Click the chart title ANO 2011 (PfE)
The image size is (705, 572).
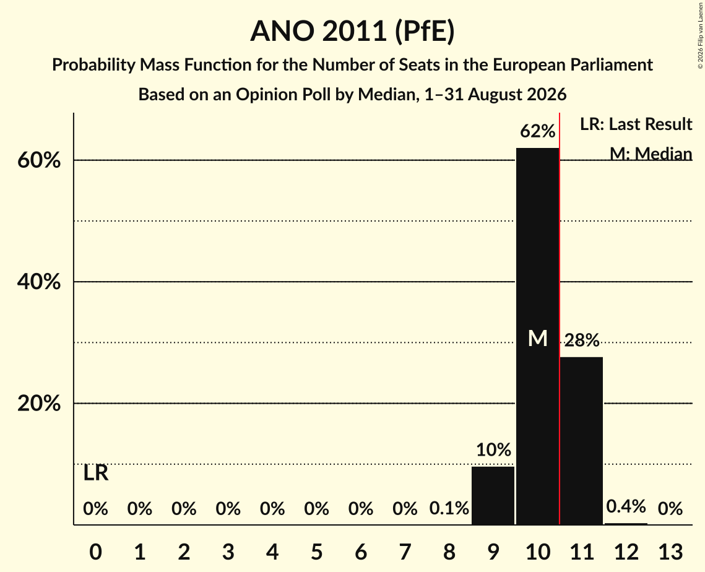pyautogui.click(x=353, y=31)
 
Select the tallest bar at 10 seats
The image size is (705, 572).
pyautogui.click(x=537, y=336)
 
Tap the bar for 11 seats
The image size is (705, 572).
pyautogui.click(x=581, y=441)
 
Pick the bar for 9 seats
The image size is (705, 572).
pyautogui.click(x=493, y=496)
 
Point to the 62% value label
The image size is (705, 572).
pyautogui.click(x=537, y=131)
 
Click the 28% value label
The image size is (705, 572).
pyautogui.click(x=582, y=340)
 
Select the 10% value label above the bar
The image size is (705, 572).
pyautogui.click(x=493, y=449)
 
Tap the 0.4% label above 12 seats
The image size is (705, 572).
pyautogui.click(x=626, y=506)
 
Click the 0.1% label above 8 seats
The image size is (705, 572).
pyautogui.click(x=449, y=508)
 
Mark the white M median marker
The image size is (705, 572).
pyautogui.click(x=537, y=338)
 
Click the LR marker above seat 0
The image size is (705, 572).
pyautogui.click(x=96, y=473)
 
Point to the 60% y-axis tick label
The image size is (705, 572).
pyautogui.click(x=39, y=160)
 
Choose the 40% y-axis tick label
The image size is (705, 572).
pyautogui.click(x=39, y=282)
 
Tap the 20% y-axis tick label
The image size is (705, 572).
pyautogui.click(x=39, y=404)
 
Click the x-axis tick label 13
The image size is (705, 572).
pyautogui.click(x=670, y=552)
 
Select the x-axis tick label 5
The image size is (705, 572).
pyautogui.click(x=316, y=552)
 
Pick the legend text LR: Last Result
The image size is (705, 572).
pyautogui.click(x=636, y=124)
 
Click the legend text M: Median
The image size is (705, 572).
pyautogui.click(x=651, y=154)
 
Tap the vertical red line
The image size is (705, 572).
pyautogui.click(x=560, y=318)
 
